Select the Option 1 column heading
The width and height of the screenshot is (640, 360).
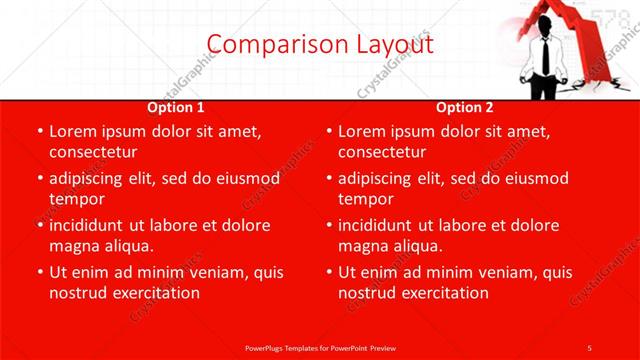click(x=176, y=107)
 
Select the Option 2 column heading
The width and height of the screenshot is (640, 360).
click(x=465, y=107)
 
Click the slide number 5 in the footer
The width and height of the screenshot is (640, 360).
click(x=590, y=347)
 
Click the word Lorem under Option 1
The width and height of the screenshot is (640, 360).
click(x=74, y=132)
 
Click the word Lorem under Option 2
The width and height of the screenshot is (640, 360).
click(x=363, y=132)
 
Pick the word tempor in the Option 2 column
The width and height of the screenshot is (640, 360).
click(x=366, y=199)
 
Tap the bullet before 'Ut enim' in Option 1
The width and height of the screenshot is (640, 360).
click(x=39, y=272)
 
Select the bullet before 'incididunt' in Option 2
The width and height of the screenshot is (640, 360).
click(x=328, y=225)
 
